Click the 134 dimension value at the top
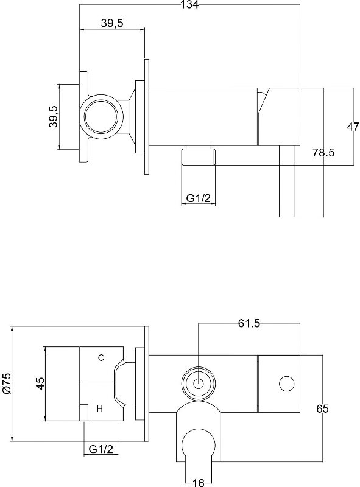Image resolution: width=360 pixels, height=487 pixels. pyautogui.click(x=190, y=4)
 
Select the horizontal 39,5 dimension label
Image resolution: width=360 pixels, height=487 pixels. pyautogui.click(x=112, y=23)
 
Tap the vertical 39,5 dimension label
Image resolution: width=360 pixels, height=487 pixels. pyautogui.click(x=54, y=116)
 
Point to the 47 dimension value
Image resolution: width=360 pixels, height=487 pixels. pyautogui.click(x=353, y=127)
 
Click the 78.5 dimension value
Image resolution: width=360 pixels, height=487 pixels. pyautogui.click(x=323, y=153)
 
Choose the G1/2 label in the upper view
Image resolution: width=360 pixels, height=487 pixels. pyautogui.click(x=199, y=198)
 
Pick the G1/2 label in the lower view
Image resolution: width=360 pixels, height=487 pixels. pyautogui.click(x=101, y=449)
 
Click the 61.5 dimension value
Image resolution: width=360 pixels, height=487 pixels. pyautogui.click(x=249, y=323)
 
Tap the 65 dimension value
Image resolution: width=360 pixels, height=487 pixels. pyautogui.click(x=322, y=408)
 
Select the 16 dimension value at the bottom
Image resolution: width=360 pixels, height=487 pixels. pyautogui.click(x=199, y=483)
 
